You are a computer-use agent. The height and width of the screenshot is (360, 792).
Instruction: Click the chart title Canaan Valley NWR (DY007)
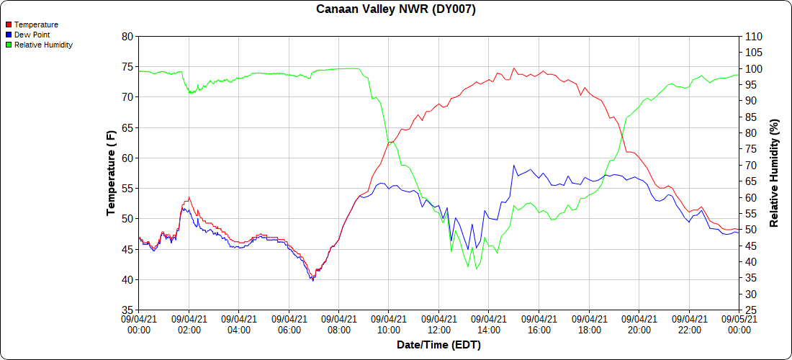396,9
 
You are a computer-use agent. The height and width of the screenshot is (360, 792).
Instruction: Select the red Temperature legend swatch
9,24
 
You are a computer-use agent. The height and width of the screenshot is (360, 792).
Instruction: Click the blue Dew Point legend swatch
9,35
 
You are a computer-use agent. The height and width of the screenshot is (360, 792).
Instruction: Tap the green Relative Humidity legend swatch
9,45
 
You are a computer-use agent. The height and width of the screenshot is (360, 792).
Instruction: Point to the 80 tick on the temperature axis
127,36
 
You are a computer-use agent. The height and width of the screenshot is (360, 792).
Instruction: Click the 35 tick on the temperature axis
127,310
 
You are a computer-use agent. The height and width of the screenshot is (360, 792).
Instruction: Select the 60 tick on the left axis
127,158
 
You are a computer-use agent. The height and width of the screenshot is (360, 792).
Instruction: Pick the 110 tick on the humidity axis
752,36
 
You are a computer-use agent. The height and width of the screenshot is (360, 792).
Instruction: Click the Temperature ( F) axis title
111,173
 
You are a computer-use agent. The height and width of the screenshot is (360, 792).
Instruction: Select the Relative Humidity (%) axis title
775,173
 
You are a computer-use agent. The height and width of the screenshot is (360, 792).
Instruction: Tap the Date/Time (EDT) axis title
438,345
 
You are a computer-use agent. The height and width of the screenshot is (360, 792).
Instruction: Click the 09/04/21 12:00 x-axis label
438,324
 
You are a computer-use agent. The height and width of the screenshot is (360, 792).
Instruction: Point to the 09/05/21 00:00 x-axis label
739,324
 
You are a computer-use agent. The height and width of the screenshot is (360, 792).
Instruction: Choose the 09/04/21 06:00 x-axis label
289,324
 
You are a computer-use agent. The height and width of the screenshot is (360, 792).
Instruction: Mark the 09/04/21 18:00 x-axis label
589,324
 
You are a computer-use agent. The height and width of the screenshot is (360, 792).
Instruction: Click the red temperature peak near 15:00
514,68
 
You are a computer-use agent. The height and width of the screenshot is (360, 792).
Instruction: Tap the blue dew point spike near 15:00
514,166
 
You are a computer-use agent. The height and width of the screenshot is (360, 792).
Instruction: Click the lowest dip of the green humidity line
477,269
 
